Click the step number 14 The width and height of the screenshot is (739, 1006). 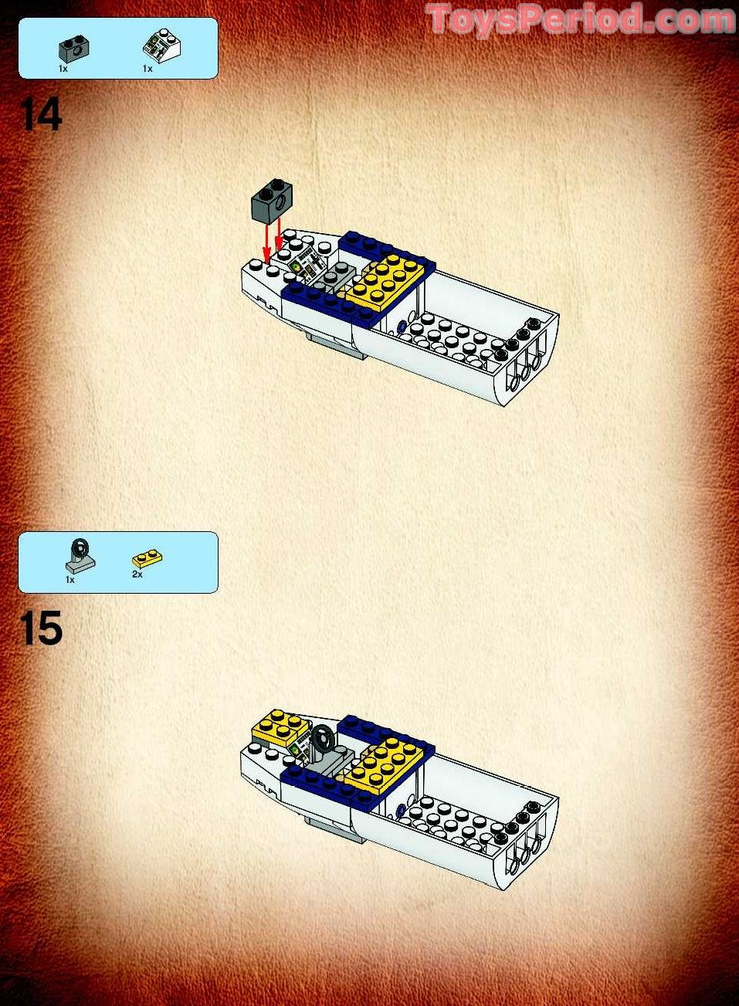click(x=41, y=114)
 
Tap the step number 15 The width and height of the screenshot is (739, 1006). click(x=41, y=628)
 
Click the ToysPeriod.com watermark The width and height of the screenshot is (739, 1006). click(x=580, y=19)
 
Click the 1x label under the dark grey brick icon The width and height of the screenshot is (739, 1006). click(x=63, y=69)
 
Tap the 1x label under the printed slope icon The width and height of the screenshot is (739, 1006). click(x=147, y=69)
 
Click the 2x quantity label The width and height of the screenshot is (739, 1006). click(x=137, y=574)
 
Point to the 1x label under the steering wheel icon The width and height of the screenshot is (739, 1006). click(x=69, y=579)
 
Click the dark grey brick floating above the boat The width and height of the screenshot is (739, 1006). click(x=271, y=201)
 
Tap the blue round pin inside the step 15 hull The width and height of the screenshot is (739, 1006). click(x=400, y=811)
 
